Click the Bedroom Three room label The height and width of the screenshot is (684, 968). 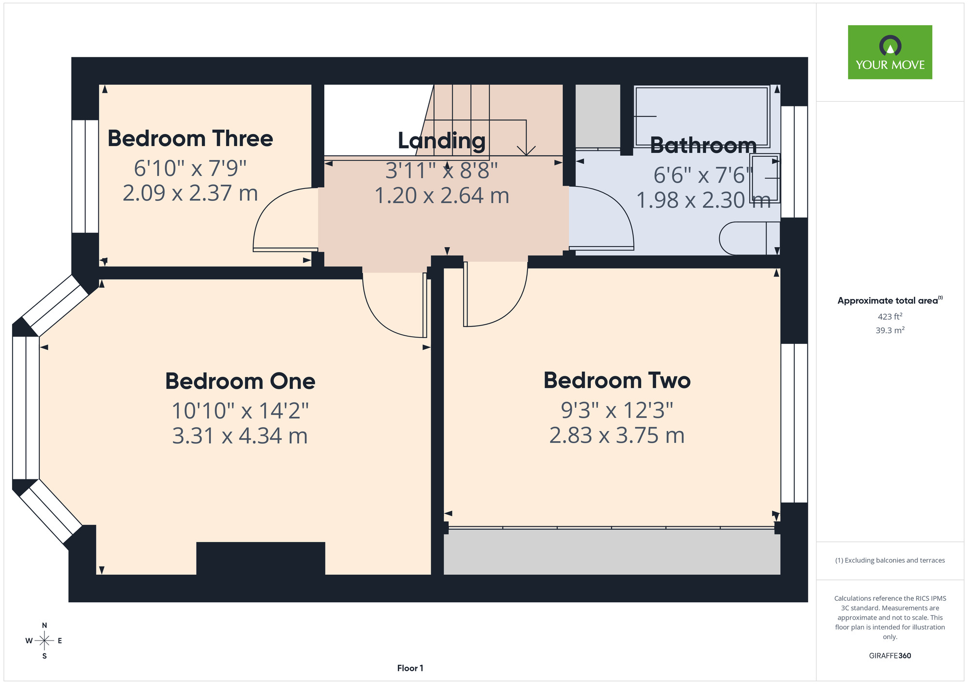click(190, 138)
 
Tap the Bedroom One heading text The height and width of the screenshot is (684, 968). click(240, 381)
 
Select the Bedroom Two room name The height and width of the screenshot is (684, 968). click(617, 380)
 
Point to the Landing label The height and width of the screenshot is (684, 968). click(441, 141)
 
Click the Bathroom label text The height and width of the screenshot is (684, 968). click(703, 145)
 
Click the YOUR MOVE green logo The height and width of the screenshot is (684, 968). click(890, 52)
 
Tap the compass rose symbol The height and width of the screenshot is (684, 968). click(45, 641)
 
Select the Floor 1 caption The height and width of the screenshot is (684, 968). click(410, 668)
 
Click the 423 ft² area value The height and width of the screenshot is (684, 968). click(890, 316)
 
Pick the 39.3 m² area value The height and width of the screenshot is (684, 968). click(890, 330)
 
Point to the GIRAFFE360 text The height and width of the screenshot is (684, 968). click(890, 656)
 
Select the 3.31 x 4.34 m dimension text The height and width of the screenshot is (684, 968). click(240, 436)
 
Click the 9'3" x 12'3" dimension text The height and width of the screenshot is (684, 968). click(617, 411)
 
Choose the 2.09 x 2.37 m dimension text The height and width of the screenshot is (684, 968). click(190, 193)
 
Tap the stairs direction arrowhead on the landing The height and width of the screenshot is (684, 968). click(526, 150)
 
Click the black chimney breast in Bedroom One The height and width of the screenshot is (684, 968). click(260, 558)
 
